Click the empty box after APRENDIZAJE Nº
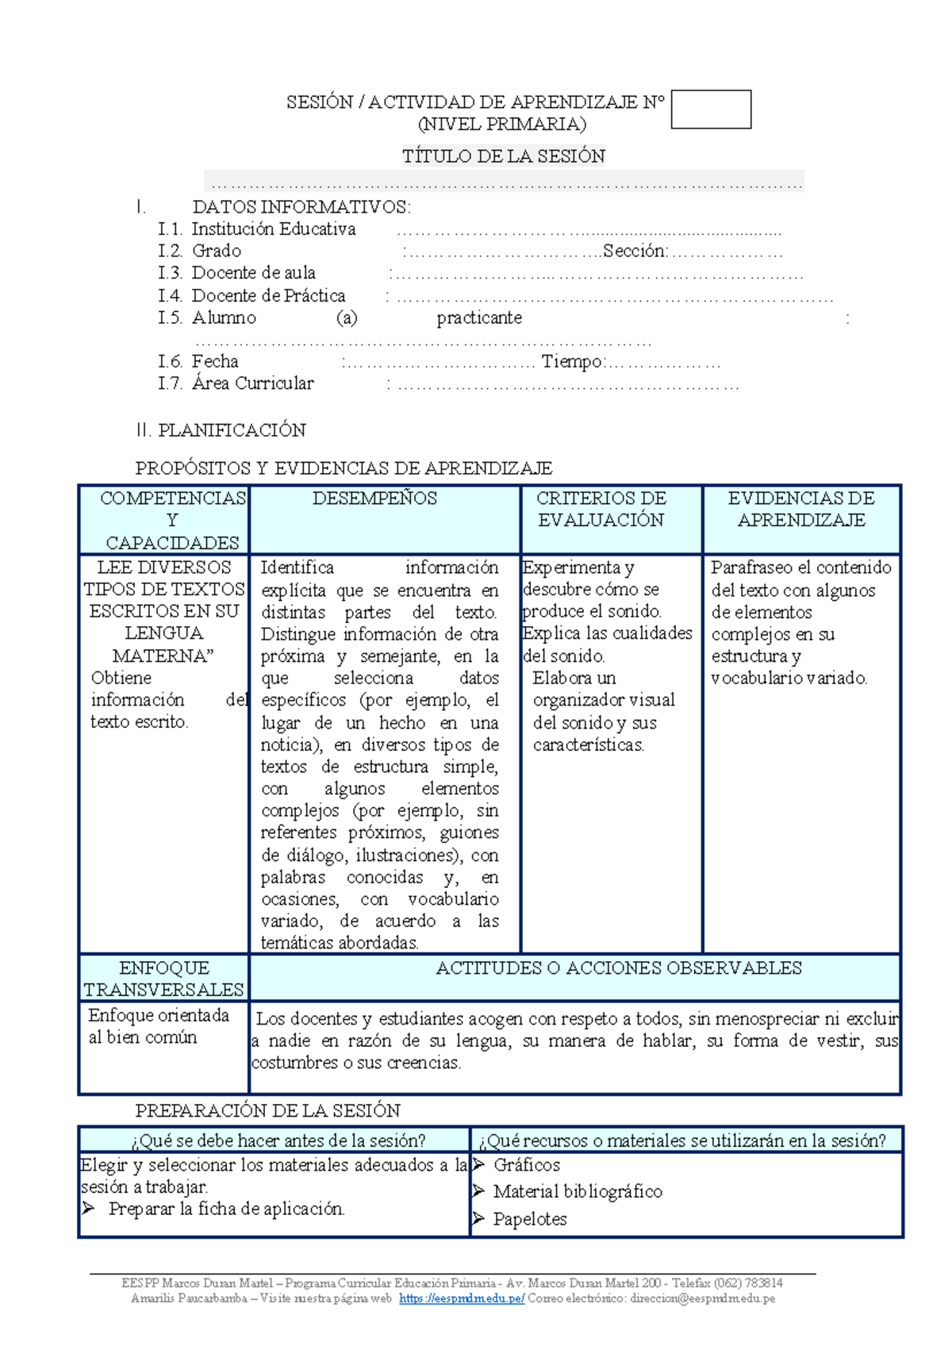711,110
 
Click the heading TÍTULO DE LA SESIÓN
503,156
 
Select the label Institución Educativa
274,229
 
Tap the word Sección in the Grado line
635,252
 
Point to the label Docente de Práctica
268,296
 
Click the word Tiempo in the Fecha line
572,362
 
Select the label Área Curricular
252,383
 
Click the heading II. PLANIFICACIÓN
221,430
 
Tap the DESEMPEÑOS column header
374,498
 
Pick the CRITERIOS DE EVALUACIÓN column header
601,509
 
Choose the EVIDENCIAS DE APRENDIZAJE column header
801,509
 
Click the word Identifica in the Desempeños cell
297,567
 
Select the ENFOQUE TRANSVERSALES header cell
163,979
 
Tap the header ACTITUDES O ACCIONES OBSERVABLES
619,968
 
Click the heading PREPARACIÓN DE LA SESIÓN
267,1110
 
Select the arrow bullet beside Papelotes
478,1218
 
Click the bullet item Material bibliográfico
578,1191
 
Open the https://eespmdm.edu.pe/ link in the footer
462,1299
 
